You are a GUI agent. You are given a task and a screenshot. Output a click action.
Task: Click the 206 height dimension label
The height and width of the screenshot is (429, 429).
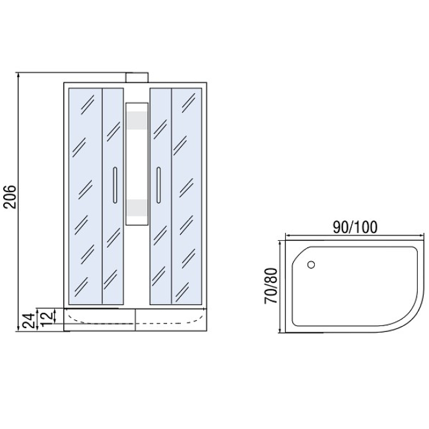[x=10, y=197]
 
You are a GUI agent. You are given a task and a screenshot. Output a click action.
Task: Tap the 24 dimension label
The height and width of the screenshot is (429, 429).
[x=29, y=321]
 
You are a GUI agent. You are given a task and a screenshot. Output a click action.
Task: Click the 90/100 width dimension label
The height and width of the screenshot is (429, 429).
[x=355, y=227]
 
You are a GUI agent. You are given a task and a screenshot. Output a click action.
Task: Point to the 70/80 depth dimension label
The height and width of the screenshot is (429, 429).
[x=271, y=286]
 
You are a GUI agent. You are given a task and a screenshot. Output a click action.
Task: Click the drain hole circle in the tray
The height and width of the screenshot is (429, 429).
[x=311, y=264]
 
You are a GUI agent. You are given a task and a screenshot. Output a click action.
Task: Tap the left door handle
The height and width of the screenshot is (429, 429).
[x=115, y=185]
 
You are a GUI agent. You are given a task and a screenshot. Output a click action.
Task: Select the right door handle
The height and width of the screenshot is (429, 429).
[x=158, y=185]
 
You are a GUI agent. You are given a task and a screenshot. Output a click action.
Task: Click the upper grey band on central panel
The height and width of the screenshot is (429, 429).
[x=137, y=120]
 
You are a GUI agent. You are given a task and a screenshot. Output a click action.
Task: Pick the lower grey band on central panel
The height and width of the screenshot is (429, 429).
[x=137, y=208]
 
